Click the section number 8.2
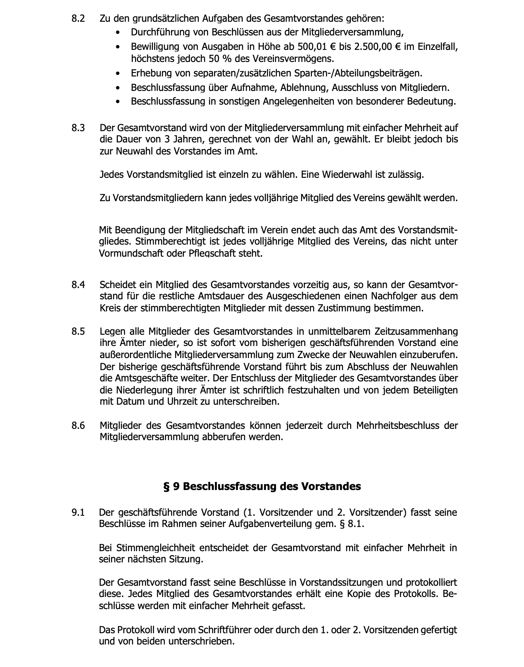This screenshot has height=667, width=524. click(x=78, y=19)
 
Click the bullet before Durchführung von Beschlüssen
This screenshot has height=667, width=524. click(x=118, y=33)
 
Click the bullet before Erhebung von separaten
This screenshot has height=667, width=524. click(x=118, y=74)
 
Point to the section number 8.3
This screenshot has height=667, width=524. click(x=78, y=128)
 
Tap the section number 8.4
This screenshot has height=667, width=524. click(x=78, y=285)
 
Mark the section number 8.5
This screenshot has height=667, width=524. click(x=78, y=331)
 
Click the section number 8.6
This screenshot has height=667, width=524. click(x=78, y=425)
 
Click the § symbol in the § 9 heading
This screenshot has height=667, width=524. click(x=166, y=486)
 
